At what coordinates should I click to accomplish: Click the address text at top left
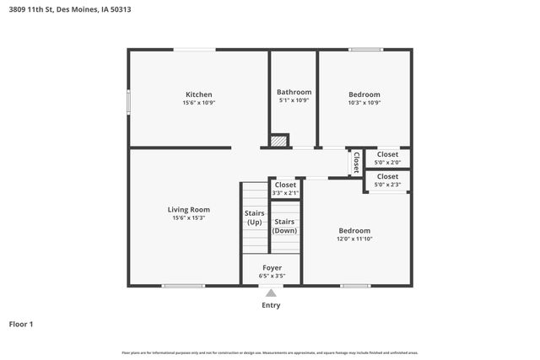pyautogui.click(x=70, y=10)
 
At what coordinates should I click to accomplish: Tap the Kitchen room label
pyautogui.click(x=199, y=94)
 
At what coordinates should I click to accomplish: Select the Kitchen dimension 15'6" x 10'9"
pyautogui.click(x=199, y=103)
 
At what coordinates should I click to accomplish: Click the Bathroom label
pyautogui.click(x=294, y=92)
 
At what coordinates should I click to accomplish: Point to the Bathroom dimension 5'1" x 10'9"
pyautogui.click(x=294, y=100)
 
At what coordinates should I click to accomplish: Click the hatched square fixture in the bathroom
pyautogui.click(x=278, y=141)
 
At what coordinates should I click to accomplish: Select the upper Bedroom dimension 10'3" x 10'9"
pyautogui.click(x=364, y=103)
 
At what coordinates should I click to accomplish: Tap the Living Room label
pyautogui.click(x=189, y=209)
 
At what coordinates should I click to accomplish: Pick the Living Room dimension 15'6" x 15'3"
pyautogui.click(x=189, y=218)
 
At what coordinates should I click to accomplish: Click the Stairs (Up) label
pyautogui.click(x=255, y=218)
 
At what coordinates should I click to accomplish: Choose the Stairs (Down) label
pyautogui.click(x=284, y=226)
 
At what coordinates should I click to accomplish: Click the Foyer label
pyautogui.click(x=271, y=267)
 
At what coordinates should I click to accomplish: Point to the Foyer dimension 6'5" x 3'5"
pyautogui.click(x=271, y=276)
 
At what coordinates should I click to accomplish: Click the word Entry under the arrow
pyautogui.click(x=270, y=305)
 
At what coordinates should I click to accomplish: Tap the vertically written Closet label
pyautogui.click(x=356, y=161)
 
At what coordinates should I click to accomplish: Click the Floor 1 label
pyautogui.click(x=21, y=324)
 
